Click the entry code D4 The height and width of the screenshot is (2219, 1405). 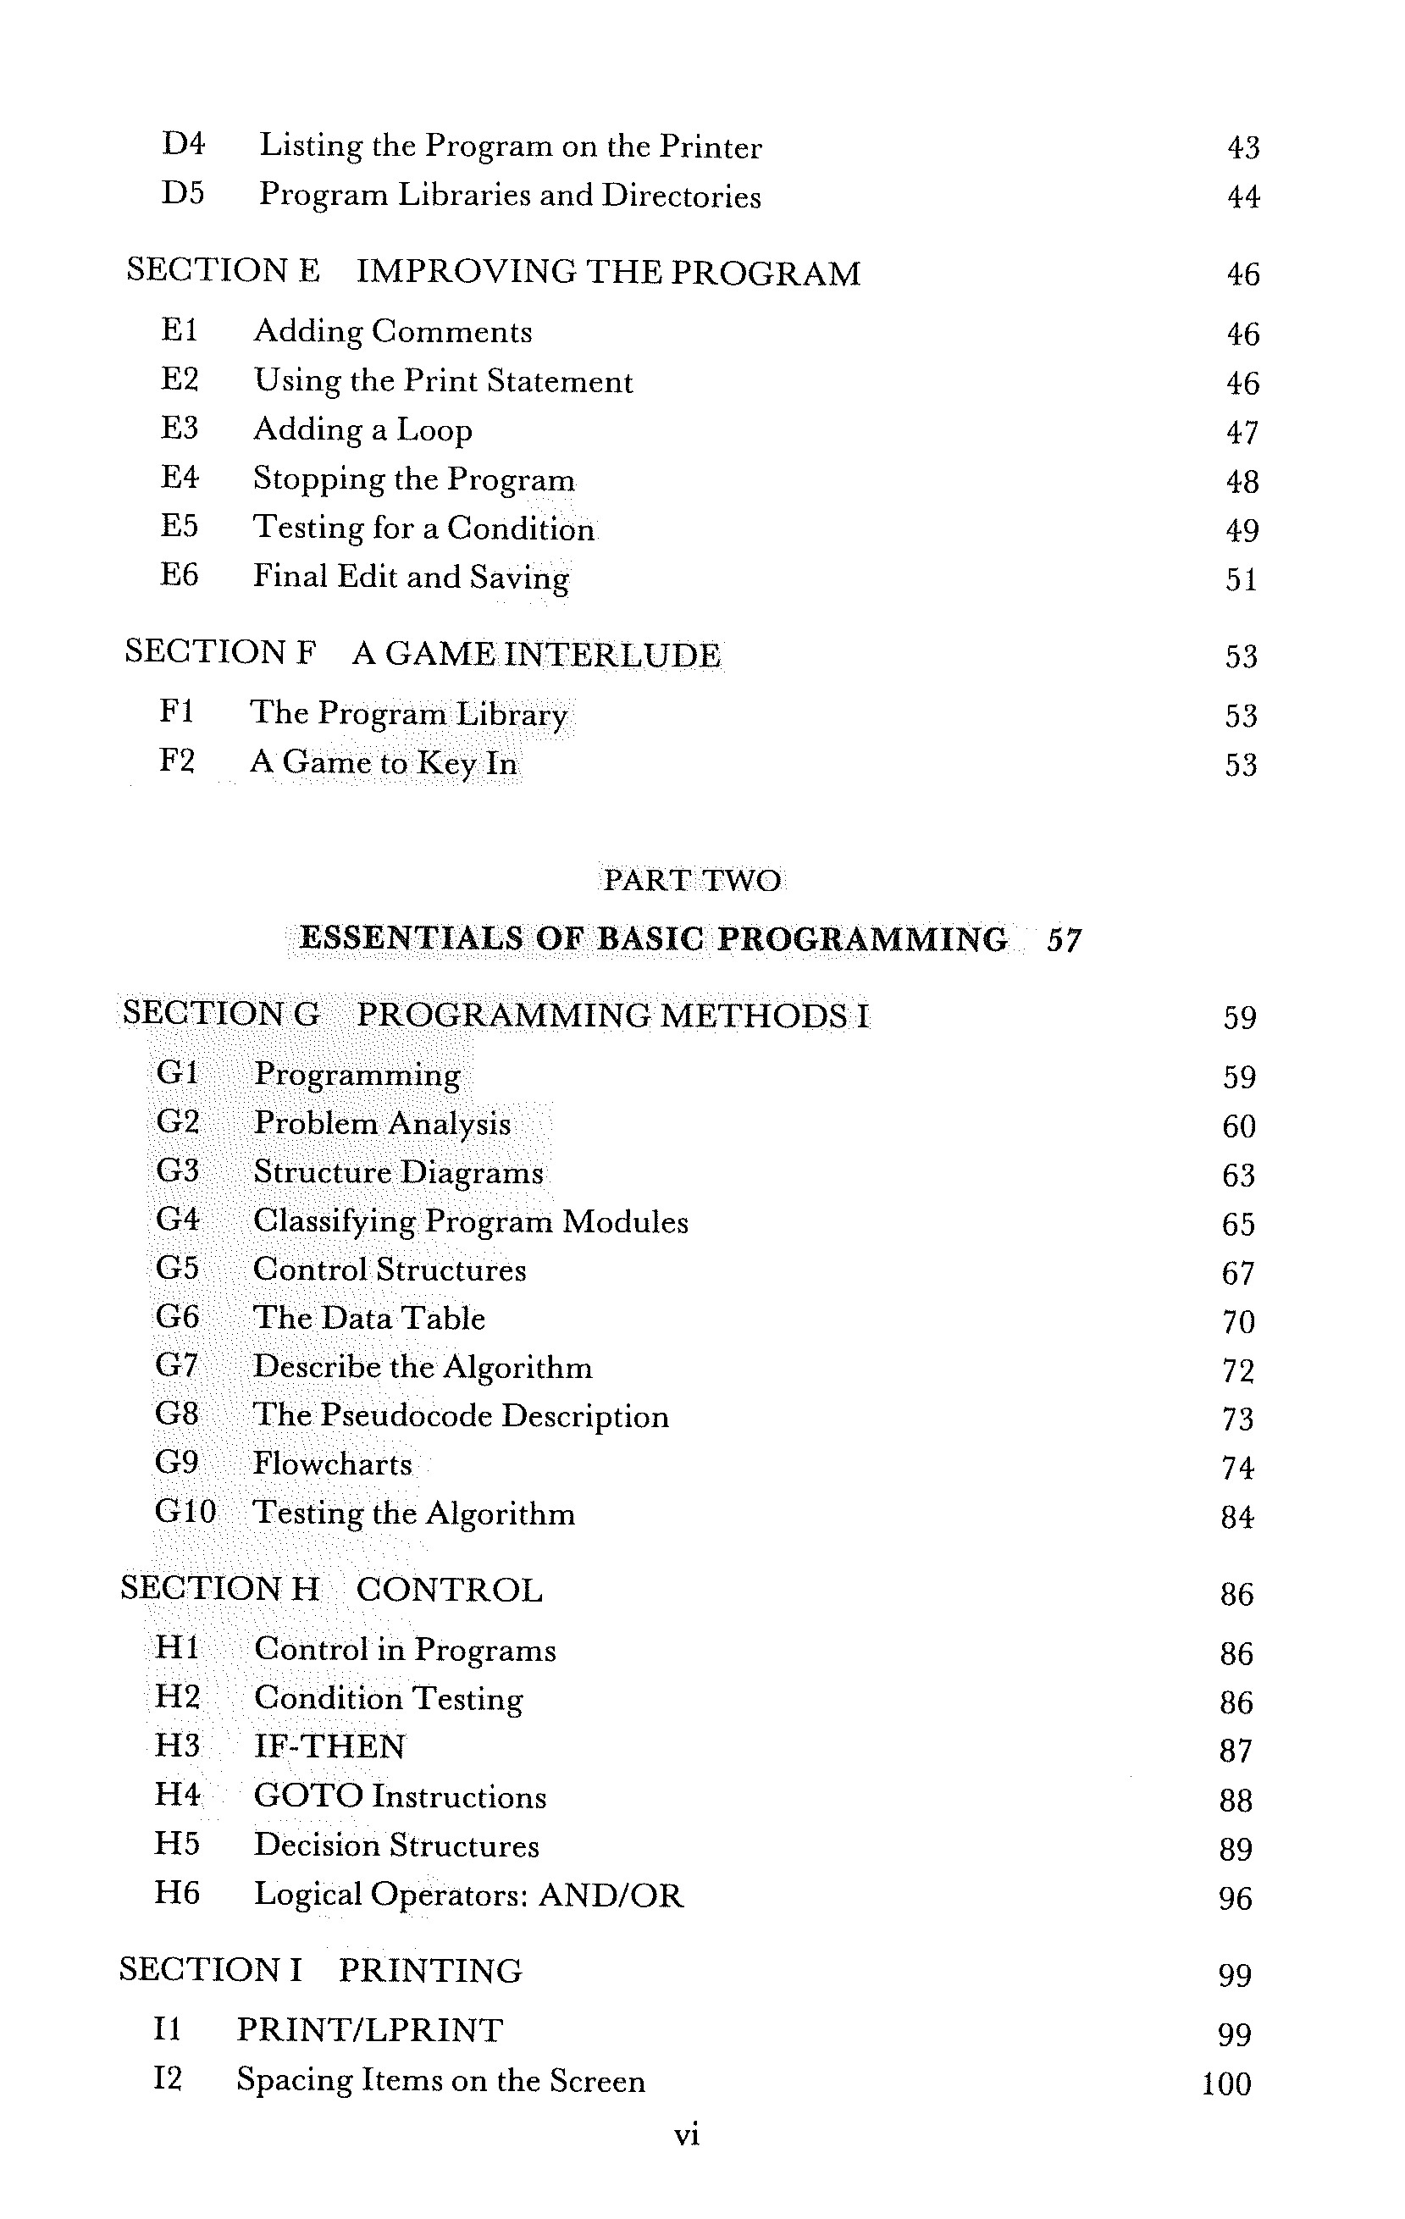click(x=182, y=144)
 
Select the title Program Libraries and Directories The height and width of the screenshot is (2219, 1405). click(x=510, y=196)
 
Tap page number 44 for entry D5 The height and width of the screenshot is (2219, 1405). click(x=1243, y=196)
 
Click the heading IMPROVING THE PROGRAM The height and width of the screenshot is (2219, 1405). click(x=608, y=273)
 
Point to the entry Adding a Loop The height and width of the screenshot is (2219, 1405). click(x=362, y=430)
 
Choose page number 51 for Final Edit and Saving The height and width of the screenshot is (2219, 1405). click(x=1241, y=579)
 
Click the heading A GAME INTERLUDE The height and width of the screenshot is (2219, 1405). click(x=536, y=656)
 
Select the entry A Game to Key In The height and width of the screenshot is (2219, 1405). click(x=384, y=763)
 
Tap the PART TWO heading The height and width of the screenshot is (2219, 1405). click(x=691, y=880)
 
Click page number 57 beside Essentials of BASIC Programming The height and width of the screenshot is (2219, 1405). click(x=1064, y=940)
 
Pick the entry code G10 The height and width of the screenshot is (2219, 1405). click(x=185, y=1512)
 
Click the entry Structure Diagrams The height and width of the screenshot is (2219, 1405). click(x=398, y=1172)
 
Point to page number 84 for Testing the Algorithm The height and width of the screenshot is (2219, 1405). click(x=1237, y=1517)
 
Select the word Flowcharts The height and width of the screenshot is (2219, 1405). click(x=332, y=1464)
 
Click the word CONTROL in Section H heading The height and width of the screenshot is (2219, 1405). click(x=450, y=1591)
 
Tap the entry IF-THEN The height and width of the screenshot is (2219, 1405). click(x=329, y=1747)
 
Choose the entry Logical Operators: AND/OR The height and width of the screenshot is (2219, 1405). click(x=469, y=1895)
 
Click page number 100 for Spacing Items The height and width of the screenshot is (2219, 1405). click(x=1226, y=2084)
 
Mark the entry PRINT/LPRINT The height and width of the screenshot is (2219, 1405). click(x=369, y=2030)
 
